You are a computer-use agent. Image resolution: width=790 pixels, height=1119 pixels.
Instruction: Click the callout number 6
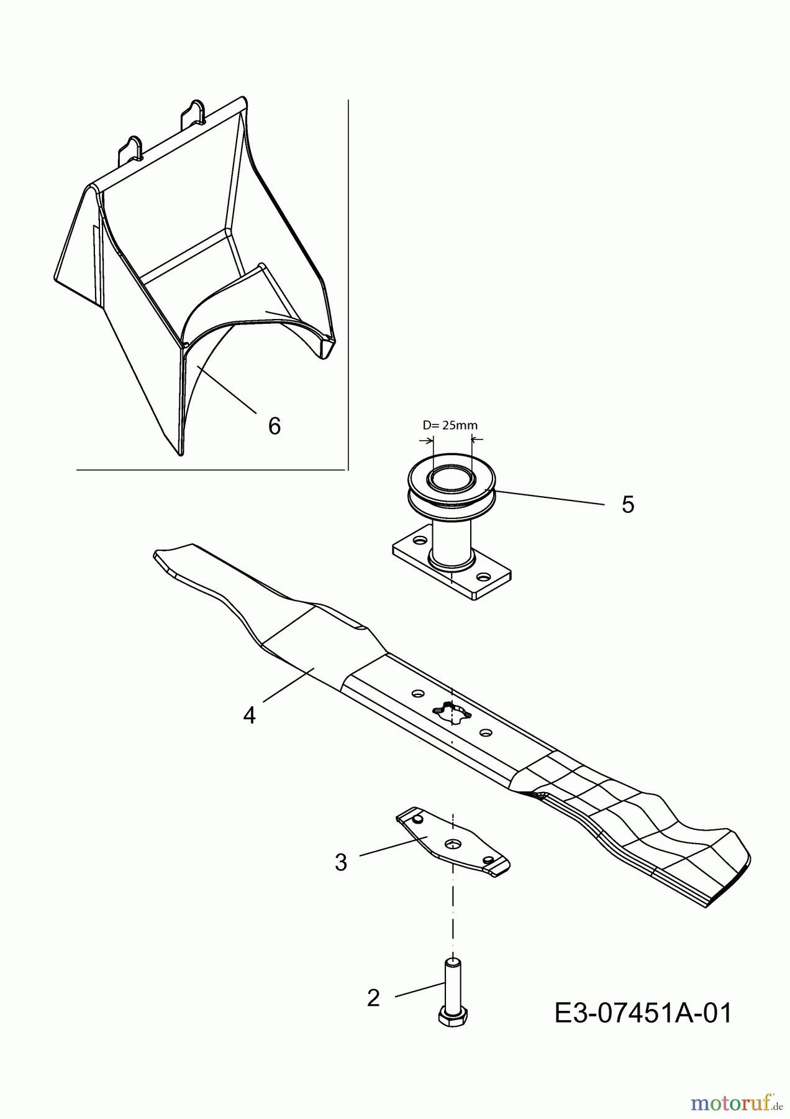point(274,426)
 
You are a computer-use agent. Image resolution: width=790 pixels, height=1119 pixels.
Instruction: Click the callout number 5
point(628,505)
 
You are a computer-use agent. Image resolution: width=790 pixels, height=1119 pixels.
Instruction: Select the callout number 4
point(249,716)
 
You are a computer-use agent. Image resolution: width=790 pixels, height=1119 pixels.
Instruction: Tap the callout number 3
point(341,863)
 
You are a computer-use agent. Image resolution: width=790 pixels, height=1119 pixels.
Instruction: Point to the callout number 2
point(373,998)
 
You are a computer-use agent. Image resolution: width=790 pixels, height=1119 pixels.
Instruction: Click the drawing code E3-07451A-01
point(643,1013)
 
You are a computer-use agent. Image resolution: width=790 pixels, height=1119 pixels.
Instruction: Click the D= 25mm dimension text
point(450,425)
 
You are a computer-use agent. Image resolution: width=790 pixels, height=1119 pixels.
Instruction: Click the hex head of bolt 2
point(453,1015)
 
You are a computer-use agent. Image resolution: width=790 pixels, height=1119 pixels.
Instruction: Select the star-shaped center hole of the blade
point(452,712)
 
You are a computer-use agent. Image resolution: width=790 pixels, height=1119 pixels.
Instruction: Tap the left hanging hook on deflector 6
point(134,149)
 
